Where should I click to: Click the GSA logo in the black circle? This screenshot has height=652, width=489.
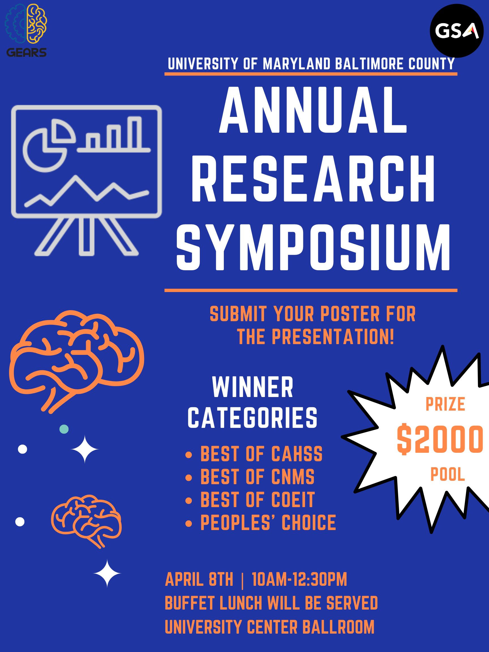pyautogui.click(x=456, y=31)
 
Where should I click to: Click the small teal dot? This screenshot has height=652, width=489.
pyautogui.click(x=64, y=429)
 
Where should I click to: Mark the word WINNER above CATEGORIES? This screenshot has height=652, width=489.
pyautogui.click(x=253, y=387)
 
